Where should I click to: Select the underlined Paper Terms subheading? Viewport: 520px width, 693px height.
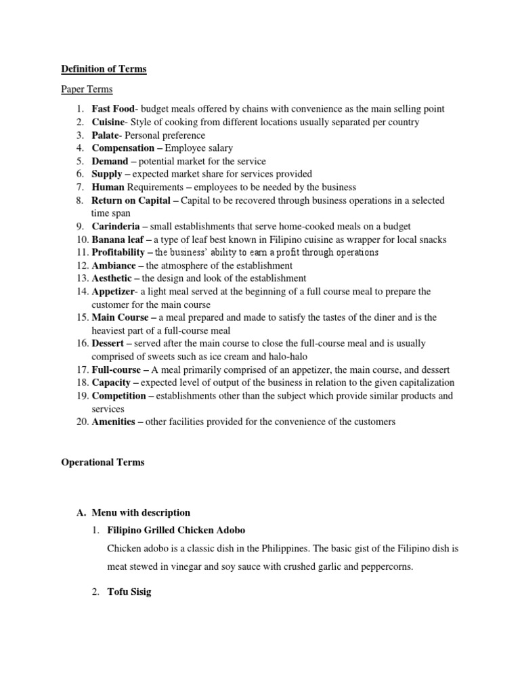point(87,89)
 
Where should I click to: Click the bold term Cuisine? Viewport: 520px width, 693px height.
point(108,122)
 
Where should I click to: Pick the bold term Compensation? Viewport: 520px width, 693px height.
point(123,148)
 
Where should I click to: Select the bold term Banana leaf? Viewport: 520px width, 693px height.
point(118,239)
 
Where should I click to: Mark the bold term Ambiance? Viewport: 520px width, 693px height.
point(113,265)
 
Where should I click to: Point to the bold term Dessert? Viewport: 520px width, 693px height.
point(108,343)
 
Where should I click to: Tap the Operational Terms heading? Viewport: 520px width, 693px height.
point(103,462)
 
